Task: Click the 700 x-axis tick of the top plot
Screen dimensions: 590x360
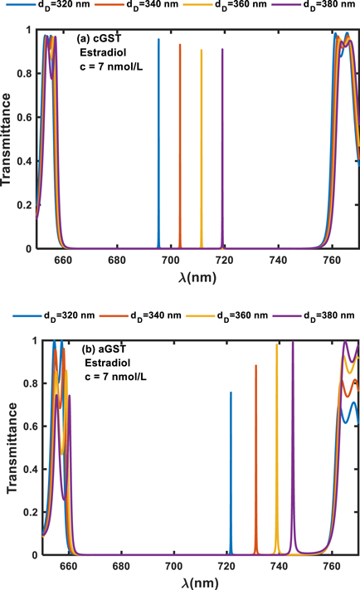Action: (x=171, y=260)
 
